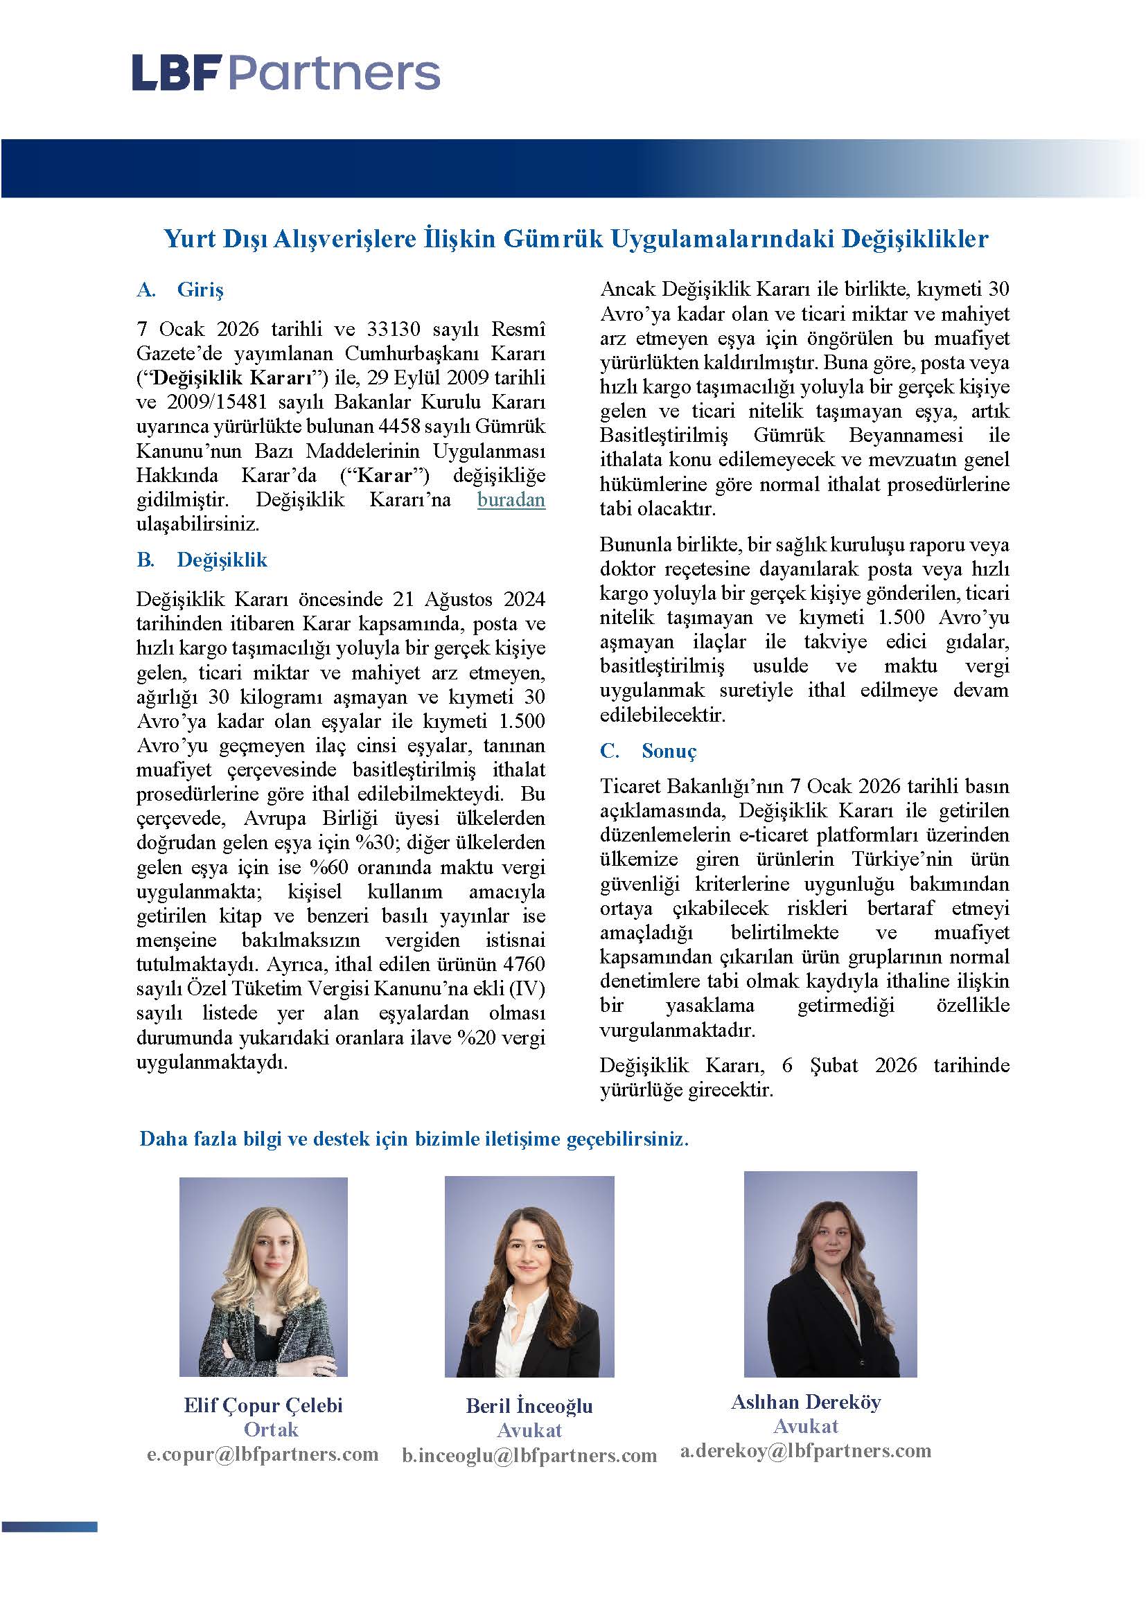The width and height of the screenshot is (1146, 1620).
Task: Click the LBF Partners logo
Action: (x=285, y=73)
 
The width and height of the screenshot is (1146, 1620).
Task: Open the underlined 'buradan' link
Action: (x=511, y=500)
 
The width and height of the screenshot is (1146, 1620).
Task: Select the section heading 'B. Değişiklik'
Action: (x=202, y=560)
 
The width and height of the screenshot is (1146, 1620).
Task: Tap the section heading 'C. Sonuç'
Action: (x=648, y=751)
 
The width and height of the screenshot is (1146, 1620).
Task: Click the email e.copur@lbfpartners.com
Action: (x=263, y=1454)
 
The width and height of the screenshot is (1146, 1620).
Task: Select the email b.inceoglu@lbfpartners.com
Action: (x=529, y=1455)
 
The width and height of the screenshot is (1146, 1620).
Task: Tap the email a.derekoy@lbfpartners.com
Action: (x=805, y=1451)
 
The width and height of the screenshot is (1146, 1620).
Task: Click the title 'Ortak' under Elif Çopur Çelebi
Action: (x=271, y=1430)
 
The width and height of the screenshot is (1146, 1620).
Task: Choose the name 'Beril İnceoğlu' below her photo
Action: (x=529, y=1405)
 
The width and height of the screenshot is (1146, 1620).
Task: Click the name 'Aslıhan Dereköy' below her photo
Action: (x=806, y=1401)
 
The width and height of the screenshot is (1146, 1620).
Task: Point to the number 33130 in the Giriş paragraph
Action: (x=394, y=330)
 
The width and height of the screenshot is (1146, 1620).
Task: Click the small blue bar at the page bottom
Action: (x=49, y=1528)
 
